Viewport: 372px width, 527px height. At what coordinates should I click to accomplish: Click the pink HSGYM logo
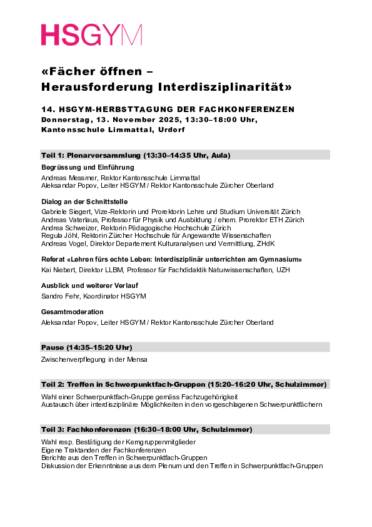tap(91, 35)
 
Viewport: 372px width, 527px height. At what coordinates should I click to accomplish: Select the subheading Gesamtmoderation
tap(72, 312)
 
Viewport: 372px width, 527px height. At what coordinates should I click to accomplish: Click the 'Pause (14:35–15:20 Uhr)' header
tap(86, 347)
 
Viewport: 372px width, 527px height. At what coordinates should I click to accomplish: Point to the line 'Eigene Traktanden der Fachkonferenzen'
tap(103, 450)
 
